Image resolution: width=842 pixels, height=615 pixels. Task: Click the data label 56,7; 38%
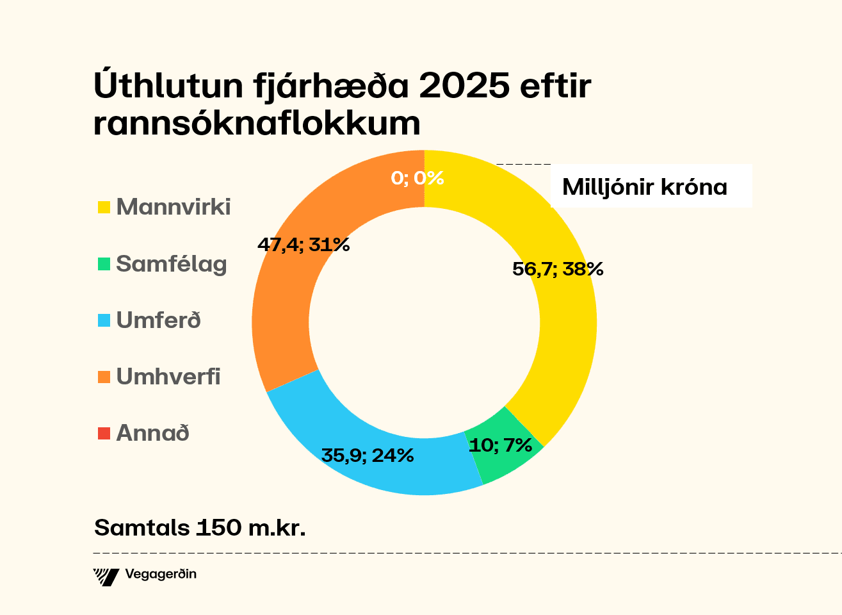pos(558,269)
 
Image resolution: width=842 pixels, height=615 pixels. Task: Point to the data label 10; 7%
pos(500,445)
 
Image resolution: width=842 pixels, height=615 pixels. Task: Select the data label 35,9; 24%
pos(367,455)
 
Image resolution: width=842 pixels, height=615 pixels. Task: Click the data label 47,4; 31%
pos(303,244)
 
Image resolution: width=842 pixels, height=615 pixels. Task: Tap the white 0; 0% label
pos(417,177)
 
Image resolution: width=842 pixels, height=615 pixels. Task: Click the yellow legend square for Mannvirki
pos(104,208)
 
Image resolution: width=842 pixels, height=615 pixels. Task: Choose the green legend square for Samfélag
pos(104,264)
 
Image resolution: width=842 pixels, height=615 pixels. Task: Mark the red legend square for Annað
pos(104,434)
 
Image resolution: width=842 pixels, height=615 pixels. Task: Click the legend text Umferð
pos(159,320)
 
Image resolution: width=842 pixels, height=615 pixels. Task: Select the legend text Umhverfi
pos(168,377)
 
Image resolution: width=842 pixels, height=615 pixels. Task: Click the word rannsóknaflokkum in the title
pos(257,122)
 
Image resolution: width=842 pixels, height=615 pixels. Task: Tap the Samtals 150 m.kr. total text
pos(199,527)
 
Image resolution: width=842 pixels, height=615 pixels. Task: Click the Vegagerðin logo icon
pos(106,577)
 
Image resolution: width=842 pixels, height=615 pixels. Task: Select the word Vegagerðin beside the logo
pos(161,574)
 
